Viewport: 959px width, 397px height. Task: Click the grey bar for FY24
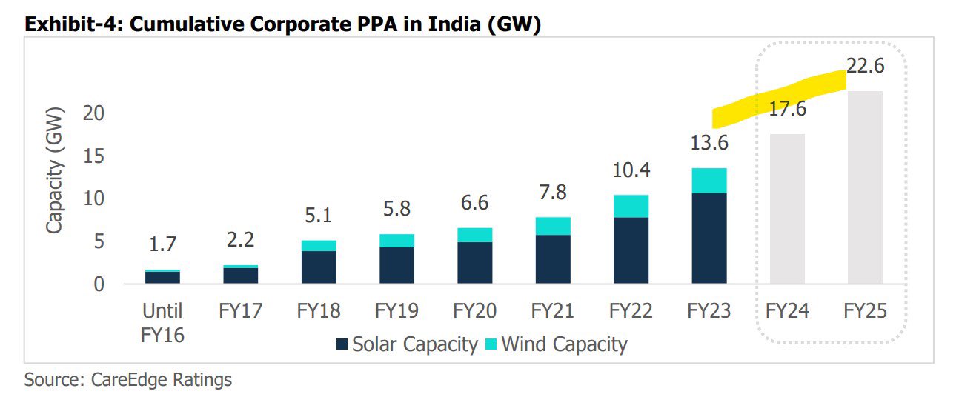pyautogui.click(x=788, y=209)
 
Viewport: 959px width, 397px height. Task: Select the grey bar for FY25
pyautogui.click(x=866, y=187)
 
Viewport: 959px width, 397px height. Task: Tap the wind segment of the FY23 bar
pyautogui.click(x=709, y=181)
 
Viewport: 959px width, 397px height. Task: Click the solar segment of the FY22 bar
pyautogui.click(x=631, y=250)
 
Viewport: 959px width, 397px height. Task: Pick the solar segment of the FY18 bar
pyautogui.click(x=319, y=267)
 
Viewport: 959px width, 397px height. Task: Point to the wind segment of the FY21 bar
pyautogui.click(x=553, y=226)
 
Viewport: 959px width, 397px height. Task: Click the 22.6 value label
pyautogui.click(x=866, y=65)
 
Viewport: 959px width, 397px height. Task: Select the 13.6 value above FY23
pyautogui.click(x=709, y=143)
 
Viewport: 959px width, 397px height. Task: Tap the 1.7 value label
pyautogui.click(x=162, y=244)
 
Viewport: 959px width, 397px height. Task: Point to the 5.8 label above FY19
pyautogui.click(x=396, y=209)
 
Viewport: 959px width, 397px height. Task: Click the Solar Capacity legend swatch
pyautogui.click(x=342, y=344)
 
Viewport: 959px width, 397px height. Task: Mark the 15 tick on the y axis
pyautogui.click(x=98, y=156)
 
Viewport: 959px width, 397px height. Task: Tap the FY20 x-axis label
pyautogui.click(x=474, y=311)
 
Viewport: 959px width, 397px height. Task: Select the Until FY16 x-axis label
pyautogui.click(x=162, y=323)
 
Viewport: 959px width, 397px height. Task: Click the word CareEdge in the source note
pyautogui.click(x=127, y=381)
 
